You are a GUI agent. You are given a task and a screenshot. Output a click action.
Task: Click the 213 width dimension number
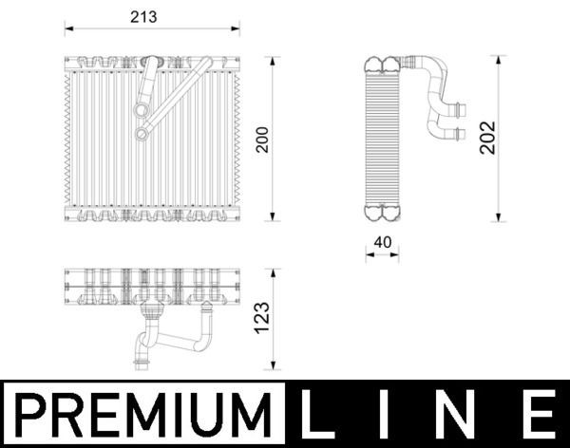point(142,18)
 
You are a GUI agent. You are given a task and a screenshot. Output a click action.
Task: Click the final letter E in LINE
point(538,415)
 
